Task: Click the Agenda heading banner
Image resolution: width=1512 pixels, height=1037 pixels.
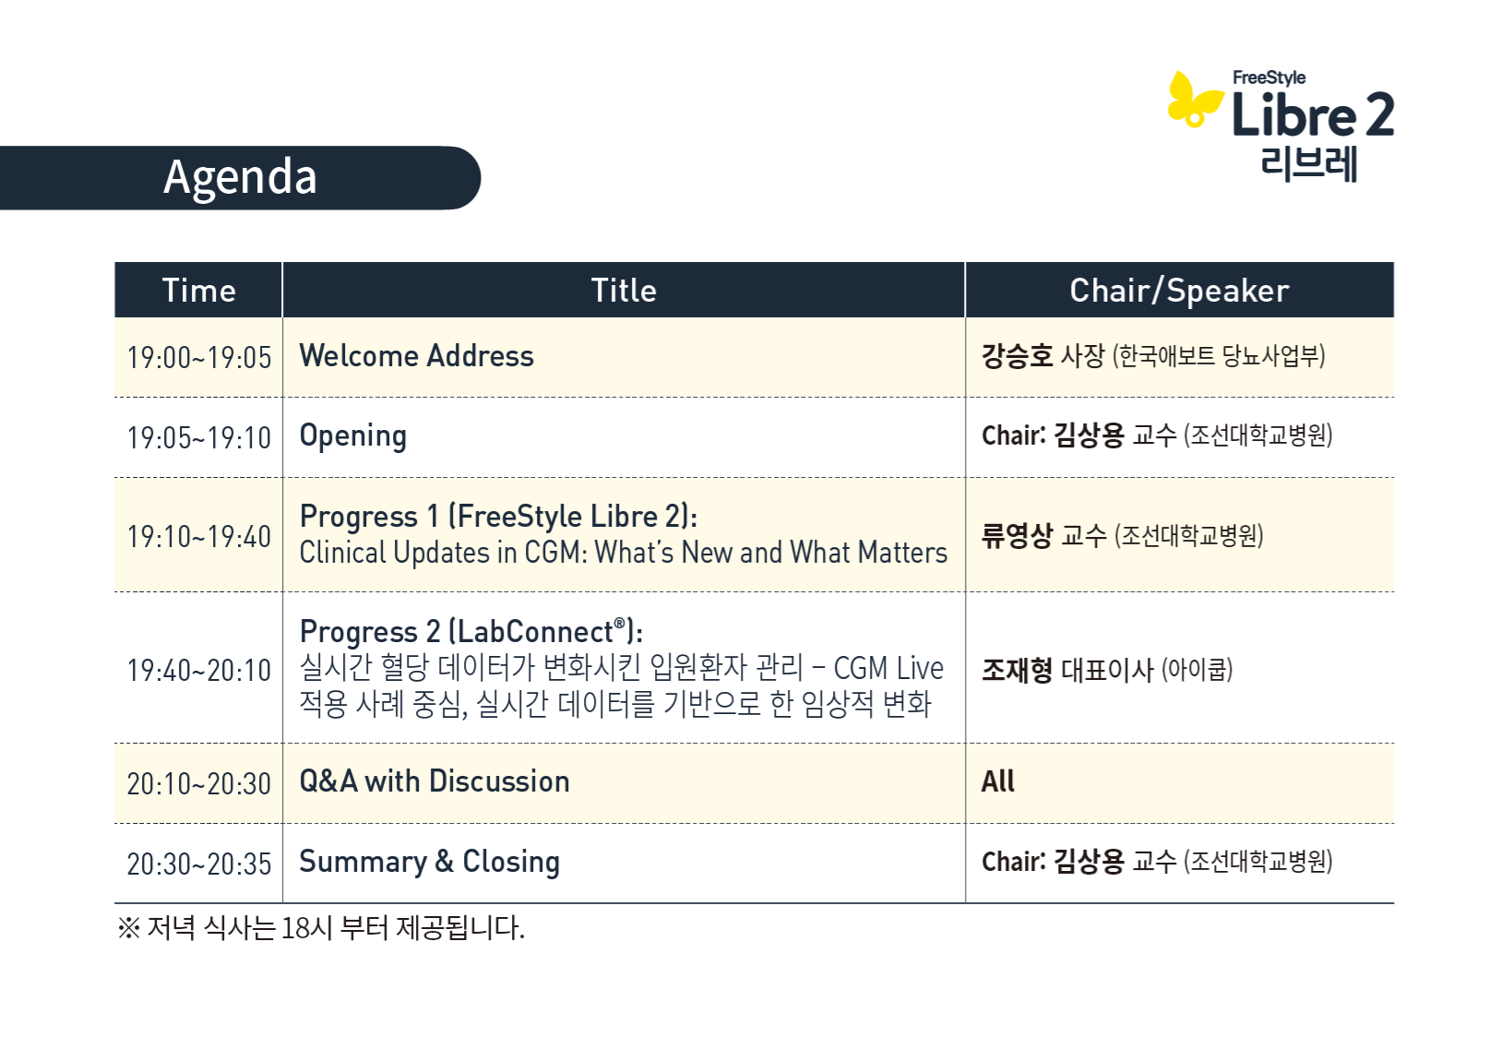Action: (240, 177)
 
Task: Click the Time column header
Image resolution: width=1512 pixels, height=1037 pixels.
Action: (198, 291)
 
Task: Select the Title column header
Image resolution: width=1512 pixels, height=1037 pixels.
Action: (624, 291)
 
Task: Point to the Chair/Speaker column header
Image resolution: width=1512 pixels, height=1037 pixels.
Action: (1179, 291)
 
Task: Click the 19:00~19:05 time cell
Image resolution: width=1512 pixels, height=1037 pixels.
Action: (199, 357)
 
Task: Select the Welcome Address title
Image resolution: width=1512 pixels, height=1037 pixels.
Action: (416, 356)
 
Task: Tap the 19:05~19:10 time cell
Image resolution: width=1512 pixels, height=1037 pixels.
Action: (199, 437)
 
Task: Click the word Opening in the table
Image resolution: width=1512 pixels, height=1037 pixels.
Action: (353, 436)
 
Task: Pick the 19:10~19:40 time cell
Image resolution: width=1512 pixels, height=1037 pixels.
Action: (199, 537)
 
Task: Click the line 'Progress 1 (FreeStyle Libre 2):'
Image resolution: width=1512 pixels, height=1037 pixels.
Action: (498, 517)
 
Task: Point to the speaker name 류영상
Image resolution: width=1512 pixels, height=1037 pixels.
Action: (1017, 536)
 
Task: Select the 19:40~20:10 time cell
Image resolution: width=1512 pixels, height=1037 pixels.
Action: (199, 671)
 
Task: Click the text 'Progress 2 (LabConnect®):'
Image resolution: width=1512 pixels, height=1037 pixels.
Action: (471, 631)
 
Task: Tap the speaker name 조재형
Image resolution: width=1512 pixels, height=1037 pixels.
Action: (1017, 670)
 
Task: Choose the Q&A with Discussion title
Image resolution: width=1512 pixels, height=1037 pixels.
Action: (435, 781)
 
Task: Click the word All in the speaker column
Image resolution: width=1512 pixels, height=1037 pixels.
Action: (997, 781)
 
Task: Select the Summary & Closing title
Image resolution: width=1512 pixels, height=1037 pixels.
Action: (429, 862)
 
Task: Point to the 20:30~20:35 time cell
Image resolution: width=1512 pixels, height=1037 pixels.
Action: (199, 864)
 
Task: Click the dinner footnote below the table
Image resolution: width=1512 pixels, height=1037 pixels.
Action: (321, 927)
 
